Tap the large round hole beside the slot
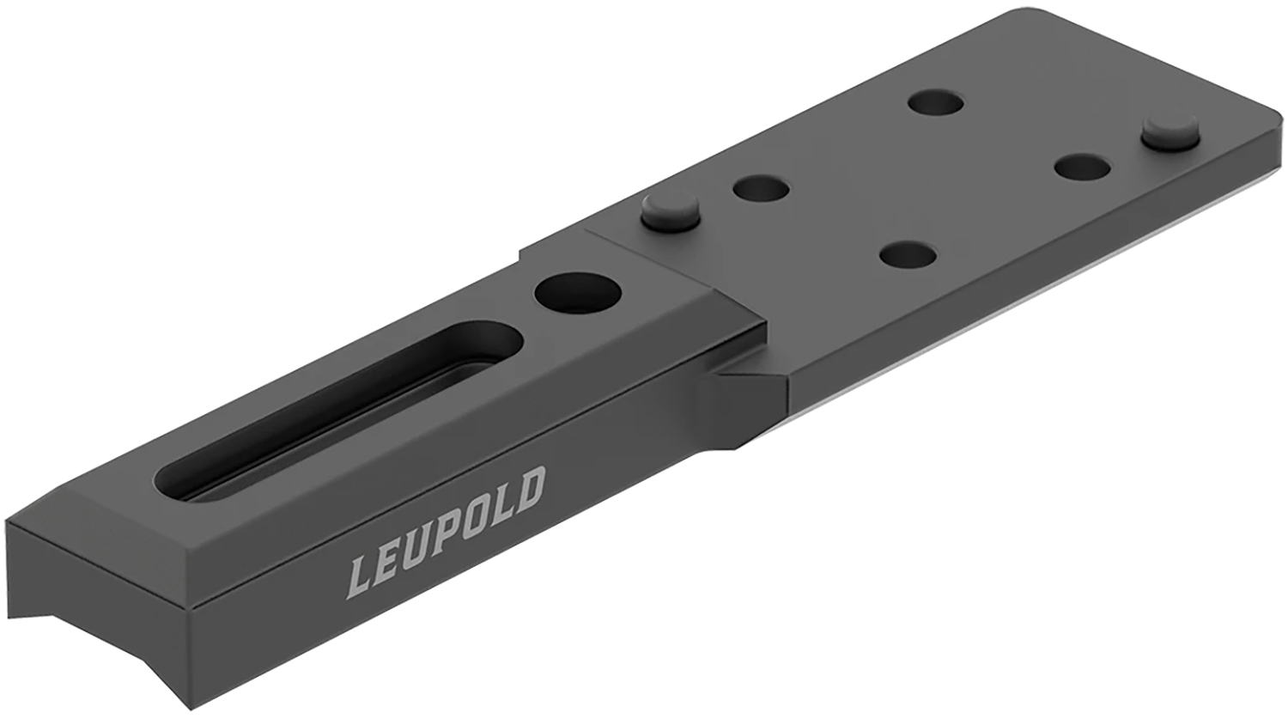[578, 293]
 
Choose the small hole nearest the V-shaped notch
[908, 255]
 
